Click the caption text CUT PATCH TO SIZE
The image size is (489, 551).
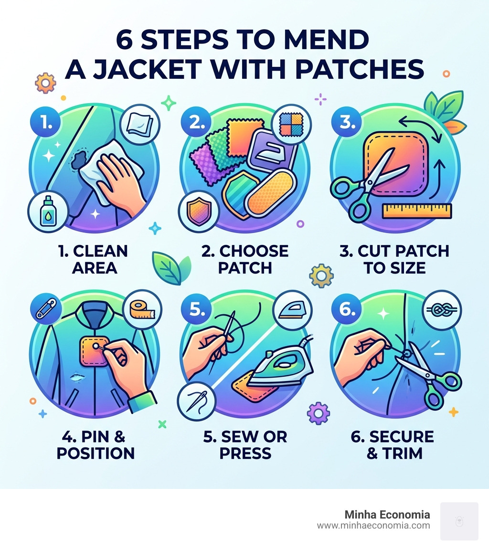(394, 259)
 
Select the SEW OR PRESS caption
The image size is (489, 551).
(245, 445)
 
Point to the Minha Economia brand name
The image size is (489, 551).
(387, 515)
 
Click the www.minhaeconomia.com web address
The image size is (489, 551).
(373, 526)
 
